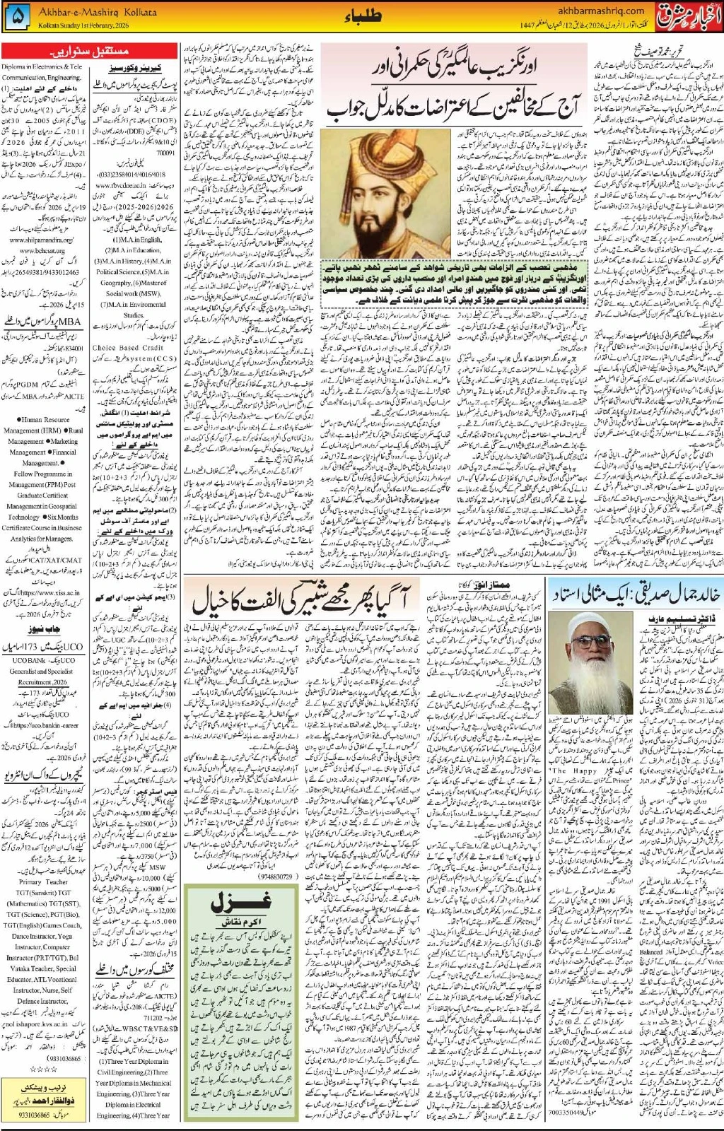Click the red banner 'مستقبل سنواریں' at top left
tap(90, 52)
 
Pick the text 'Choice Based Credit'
tap(128, 348)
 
